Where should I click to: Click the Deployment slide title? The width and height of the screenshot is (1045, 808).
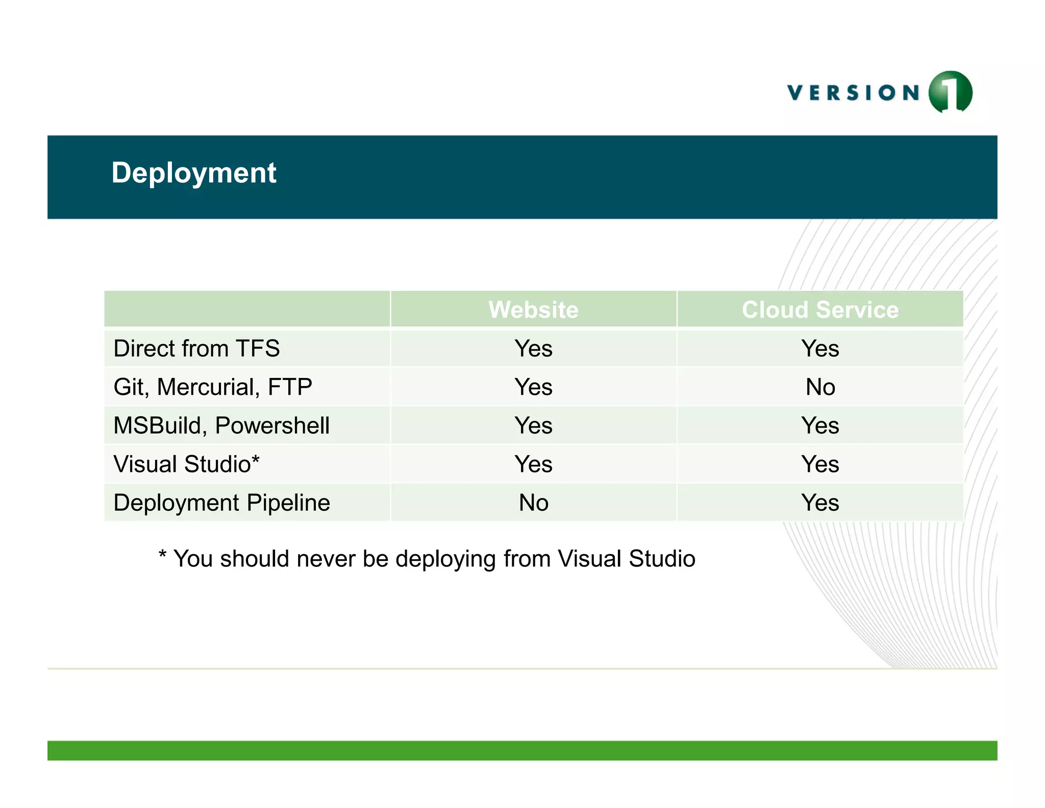193,173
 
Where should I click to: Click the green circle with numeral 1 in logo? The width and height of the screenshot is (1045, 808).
950,92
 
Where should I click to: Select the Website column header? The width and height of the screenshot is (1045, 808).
533,310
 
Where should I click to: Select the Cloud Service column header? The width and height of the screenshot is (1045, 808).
819,310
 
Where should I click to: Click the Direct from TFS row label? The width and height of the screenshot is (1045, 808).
196,349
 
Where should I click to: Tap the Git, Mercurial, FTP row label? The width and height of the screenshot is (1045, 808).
212,387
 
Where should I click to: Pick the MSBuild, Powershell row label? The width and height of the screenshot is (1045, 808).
221,425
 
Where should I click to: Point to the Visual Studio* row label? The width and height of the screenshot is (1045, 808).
186,464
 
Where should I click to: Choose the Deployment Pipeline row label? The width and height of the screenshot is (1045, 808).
221,503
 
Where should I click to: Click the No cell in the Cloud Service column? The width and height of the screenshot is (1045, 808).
820,387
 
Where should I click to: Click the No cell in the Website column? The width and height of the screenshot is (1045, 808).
533,503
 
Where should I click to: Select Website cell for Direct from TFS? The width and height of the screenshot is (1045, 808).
533,349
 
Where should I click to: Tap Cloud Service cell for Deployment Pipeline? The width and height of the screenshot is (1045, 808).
820,503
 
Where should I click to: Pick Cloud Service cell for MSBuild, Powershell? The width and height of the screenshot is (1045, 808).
820,425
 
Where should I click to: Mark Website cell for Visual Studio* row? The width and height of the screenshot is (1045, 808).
533,464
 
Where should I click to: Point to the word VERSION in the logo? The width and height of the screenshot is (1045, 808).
853,93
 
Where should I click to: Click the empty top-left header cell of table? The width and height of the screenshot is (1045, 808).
247,309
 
